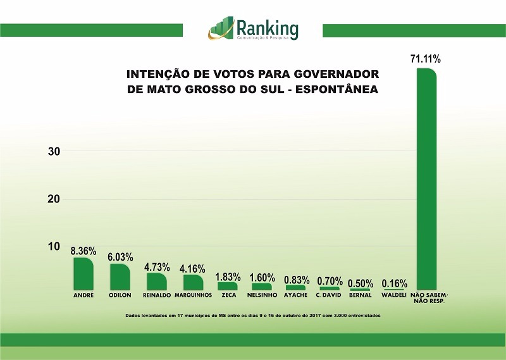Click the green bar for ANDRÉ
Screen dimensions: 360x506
[x=83, y=274]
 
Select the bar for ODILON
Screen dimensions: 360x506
[x=120, y=277]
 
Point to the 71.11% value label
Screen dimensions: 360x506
[x=426, y=59]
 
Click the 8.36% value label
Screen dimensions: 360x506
[x=83, y=251]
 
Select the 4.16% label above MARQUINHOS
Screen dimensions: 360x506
[x=192, y=268]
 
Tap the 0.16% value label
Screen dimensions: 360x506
[x=395, y=283]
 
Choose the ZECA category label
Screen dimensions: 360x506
[x=228, y=295]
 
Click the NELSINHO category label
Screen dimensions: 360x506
[x=261, y=295]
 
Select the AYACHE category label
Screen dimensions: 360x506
[x=296, y=295]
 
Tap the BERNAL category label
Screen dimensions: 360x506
[x=360, y=295]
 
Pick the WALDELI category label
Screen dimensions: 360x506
[x=393, y=295]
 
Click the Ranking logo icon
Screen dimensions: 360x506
[x=221, y=28]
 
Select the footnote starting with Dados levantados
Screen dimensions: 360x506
[x=253, y=314]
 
